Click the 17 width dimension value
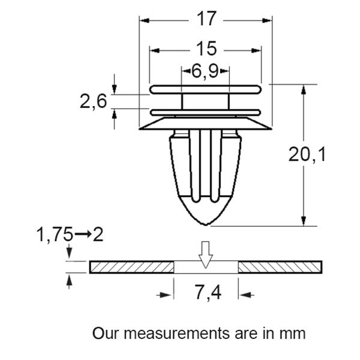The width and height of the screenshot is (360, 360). tap(206, 19)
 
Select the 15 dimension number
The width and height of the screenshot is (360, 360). tap(205, 49)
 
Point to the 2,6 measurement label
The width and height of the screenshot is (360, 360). tap(93, 101)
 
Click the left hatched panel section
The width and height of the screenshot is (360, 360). tap(132, 267)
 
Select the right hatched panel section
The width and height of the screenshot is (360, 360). tap(281, 267)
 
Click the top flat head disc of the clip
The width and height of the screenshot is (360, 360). tap(206, 89)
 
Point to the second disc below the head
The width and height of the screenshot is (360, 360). tap(206, 112)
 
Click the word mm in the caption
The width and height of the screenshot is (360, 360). tap(293, 333)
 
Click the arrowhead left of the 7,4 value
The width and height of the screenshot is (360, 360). tap(169, 294)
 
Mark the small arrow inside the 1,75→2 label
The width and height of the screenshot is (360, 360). tap(84, 233)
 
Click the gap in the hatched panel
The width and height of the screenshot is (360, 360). tap(206, 268)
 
